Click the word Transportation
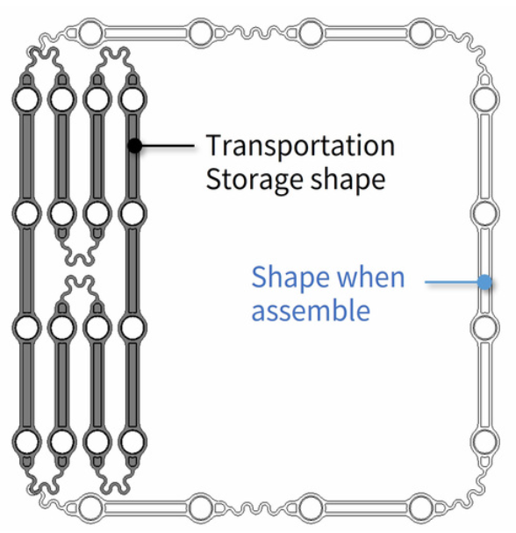point(300,146)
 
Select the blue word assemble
point(311,310)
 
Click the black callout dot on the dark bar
point(135,146)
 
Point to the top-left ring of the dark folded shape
point(27,98)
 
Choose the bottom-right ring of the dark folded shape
point(133,442)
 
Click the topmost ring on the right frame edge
point(484,99)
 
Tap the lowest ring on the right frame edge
point(484,442)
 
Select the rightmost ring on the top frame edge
point(420,33)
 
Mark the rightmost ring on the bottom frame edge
point(420,508)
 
